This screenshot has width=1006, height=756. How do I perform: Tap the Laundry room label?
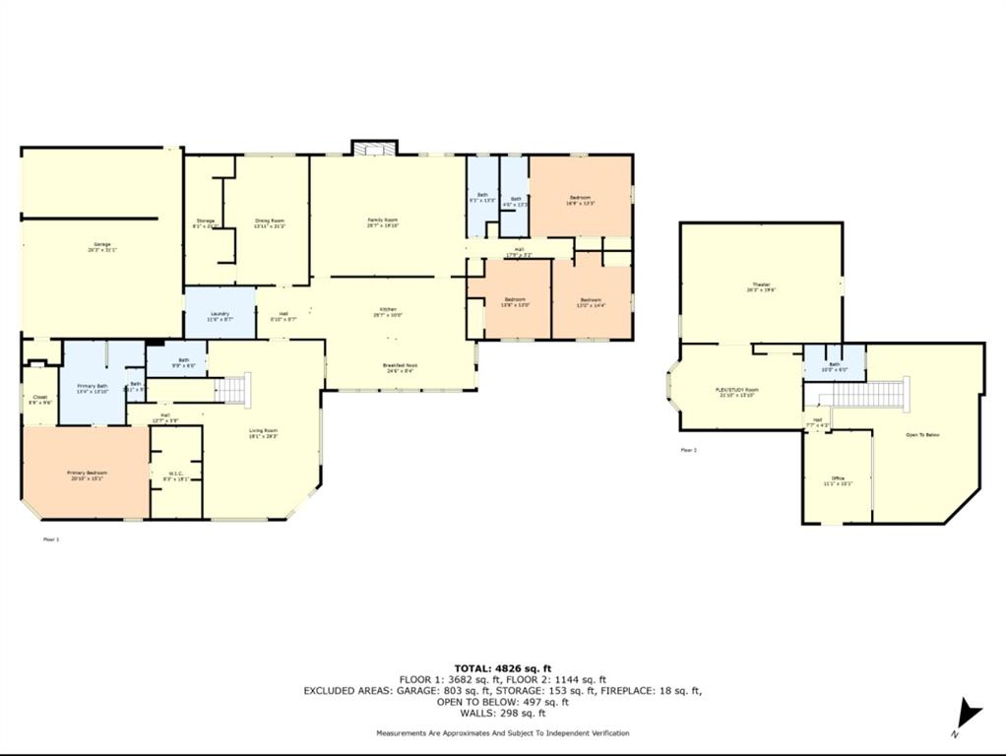[x=219, y=316]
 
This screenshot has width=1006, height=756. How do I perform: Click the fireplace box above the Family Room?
[x=375, y=148]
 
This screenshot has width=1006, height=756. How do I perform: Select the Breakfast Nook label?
[x=399, y=367]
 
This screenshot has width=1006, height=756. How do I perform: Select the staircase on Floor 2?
[x=866, y=395]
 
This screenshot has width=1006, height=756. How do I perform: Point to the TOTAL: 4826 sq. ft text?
[x=502, y=668]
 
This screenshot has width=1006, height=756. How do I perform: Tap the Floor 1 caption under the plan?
[x=51, y=539]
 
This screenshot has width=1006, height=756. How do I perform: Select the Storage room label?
[x=205, y=222]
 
